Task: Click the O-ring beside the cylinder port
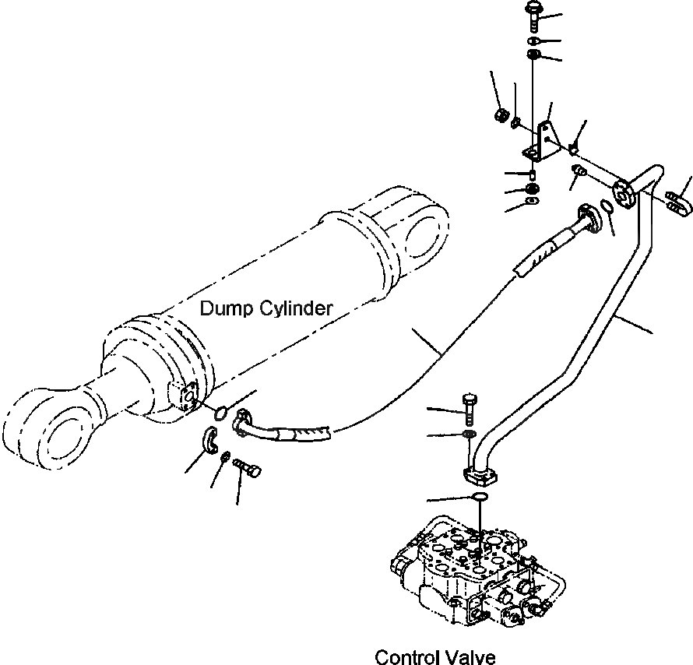[x=220, y=410]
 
